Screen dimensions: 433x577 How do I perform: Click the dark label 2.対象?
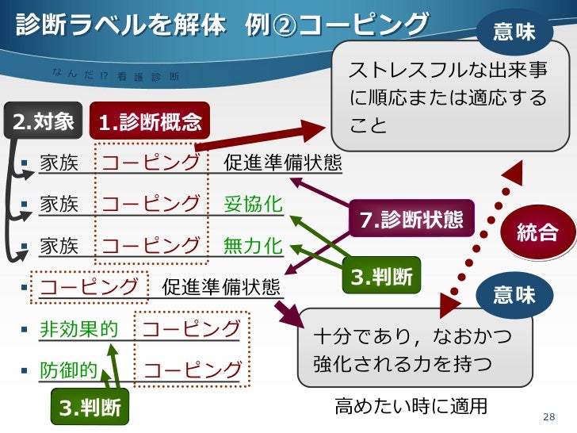(x=42, y=121)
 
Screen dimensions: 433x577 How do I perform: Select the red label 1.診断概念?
(x=149, y=121)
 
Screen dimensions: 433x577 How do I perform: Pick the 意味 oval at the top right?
(x=514, y=32)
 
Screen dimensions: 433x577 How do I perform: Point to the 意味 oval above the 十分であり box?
(x=514, y=295)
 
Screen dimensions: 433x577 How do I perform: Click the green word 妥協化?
(x=253, y=204)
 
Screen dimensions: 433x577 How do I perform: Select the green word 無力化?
(x=253, y=246)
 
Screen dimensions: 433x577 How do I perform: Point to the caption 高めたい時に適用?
(x=410, y=407)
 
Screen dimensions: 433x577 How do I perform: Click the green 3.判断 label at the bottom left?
(x=90, y=408)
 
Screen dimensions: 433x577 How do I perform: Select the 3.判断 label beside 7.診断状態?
(x=382, y=277)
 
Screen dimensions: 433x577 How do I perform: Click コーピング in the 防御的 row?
(x=193, y=370)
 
